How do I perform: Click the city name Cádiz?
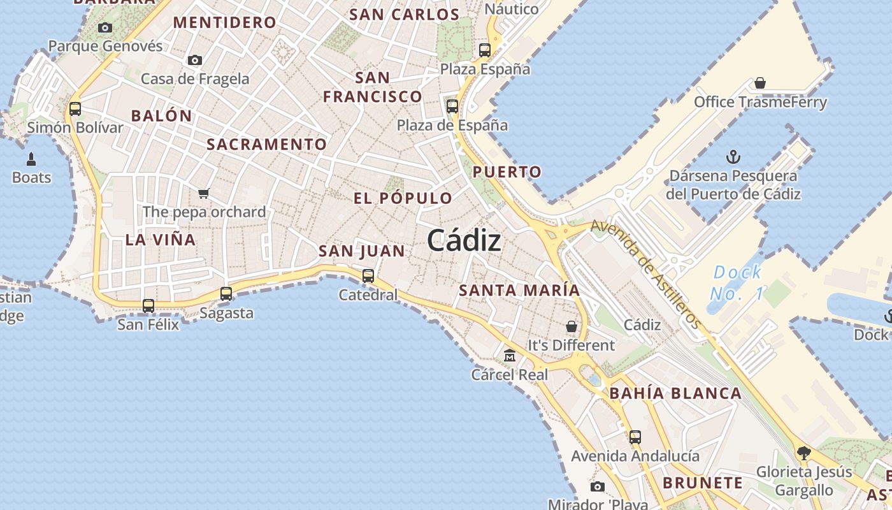(x=464, y=240)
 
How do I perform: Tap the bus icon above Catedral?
(x=368, y=276)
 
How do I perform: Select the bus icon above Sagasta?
(x=226, y=294)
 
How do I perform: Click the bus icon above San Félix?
(x=148, y=306)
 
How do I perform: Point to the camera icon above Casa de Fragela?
(x=195, y=61)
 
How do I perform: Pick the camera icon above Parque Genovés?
(x=105, y=27)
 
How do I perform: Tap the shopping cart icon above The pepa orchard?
(x=204, y=193)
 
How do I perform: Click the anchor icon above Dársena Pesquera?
(x=733, y=157)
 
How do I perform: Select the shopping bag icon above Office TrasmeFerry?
(x=759, y=83)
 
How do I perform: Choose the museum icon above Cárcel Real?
(x=510, y=356)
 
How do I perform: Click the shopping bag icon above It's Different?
(x=572, y=326)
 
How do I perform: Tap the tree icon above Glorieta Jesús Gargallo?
(x=803, y=453)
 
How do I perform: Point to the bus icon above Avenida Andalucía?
(x=635, y=437)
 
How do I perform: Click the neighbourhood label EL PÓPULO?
(x=403, y=198)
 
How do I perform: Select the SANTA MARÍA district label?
(x=519, y=291)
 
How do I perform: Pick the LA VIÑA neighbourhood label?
(x=161, y=240)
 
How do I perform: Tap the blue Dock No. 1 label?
(x=737, y=283)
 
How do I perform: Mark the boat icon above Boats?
(x=31, y=159)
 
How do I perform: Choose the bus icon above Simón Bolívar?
(x=75, y=109)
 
